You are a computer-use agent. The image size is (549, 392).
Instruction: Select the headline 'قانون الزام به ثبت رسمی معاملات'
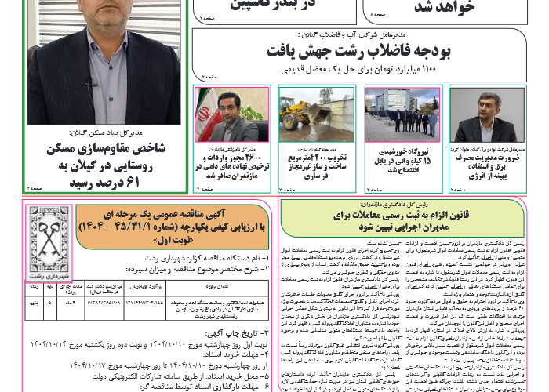point(403,213)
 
